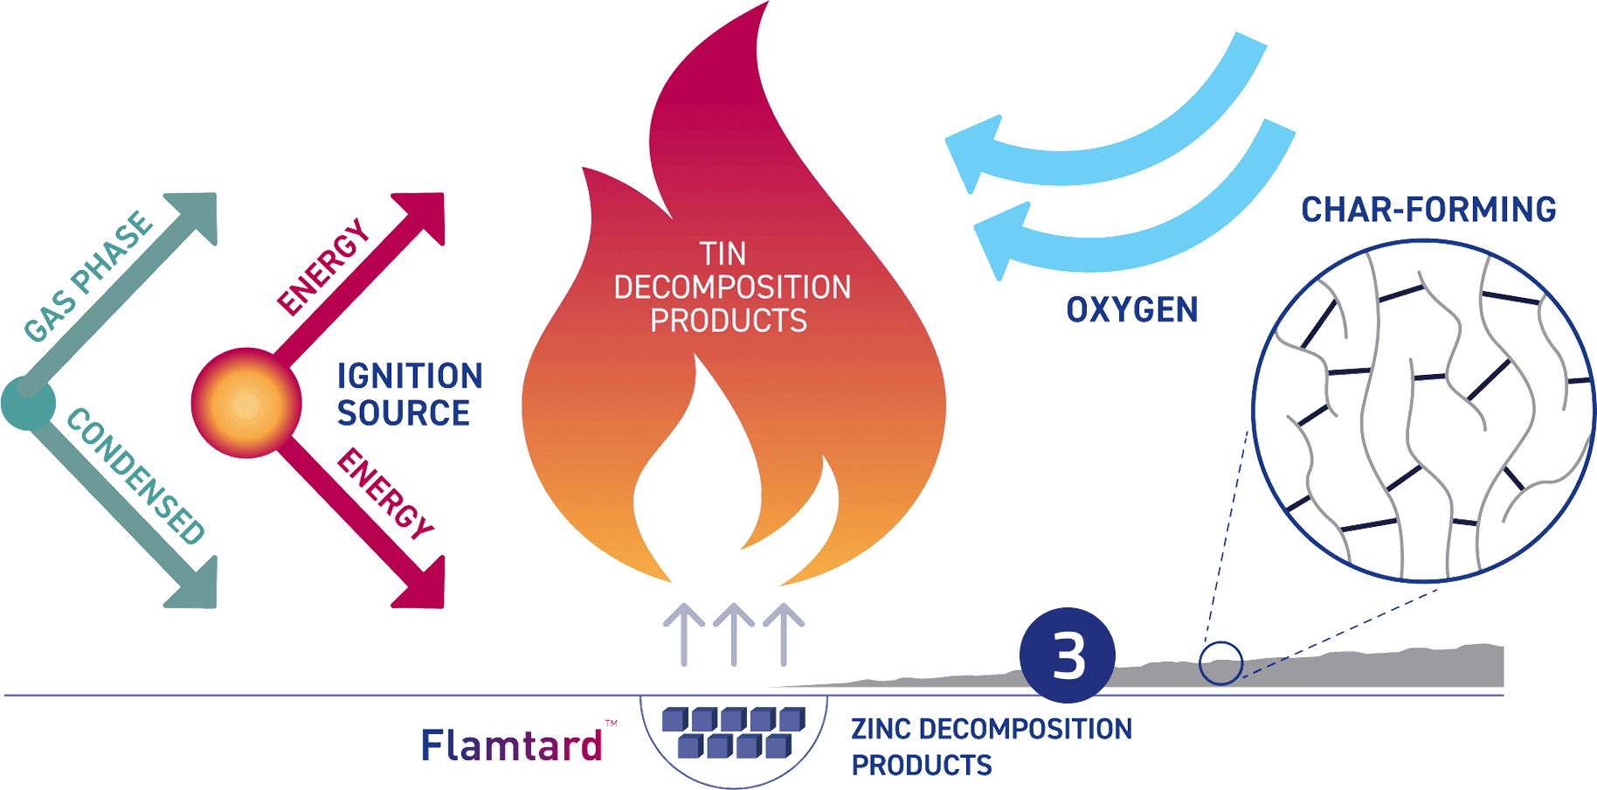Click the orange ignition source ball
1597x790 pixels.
coord(246,403)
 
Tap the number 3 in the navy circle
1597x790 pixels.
coord(1068,656)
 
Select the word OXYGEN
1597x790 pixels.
coord(1132,310)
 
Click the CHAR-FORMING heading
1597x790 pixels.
coord(1428,210)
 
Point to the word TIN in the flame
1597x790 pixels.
coord(722,254)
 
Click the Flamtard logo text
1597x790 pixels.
coord(512,745)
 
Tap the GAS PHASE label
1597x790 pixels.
coord(88,276)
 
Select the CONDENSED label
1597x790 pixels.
coord(135,476)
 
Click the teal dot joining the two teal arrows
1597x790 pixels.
coord(28,403)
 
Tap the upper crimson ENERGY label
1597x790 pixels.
coord(323,267)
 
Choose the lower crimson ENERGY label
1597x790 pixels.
coord(385,494)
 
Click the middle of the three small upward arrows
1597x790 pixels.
coord(734,634)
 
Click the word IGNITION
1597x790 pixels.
coord(410,377)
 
